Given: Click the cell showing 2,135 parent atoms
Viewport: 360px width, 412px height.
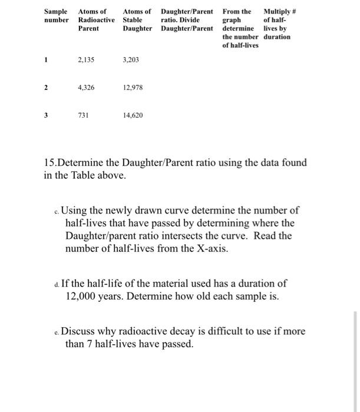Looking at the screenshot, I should coord(86,60).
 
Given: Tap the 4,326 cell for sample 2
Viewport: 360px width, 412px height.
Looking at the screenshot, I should coord(86,87).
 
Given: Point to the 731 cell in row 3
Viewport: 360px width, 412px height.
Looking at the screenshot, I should coord(83,115).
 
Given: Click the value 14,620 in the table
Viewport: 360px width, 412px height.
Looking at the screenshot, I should coord(133,115).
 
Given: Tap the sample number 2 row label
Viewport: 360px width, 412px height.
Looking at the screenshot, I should coord(45,87).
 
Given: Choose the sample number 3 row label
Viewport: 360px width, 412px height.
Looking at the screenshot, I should coord(45,115).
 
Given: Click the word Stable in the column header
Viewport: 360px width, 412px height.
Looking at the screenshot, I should coord(132,19).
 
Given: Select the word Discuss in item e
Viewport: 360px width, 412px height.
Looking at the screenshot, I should coord(80,331).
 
